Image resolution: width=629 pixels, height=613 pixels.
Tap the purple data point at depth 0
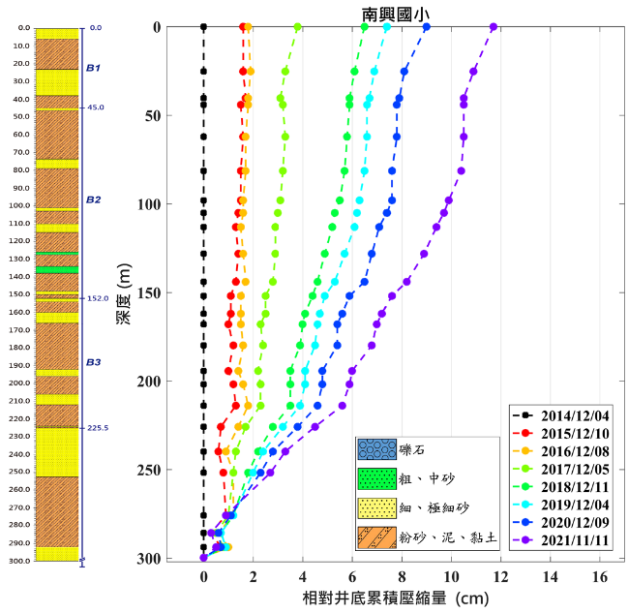click(494, 27)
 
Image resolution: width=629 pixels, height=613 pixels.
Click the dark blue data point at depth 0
click(427, 27)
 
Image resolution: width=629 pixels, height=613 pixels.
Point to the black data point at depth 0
click(203, 27)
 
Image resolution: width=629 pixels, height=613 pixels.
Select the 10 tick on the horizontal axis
click(451, 577)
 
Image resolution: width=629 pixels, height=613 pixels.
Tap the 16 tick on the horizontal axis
click(600, 577)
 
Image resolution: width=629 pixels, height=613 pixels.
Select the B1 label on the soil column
click(94, 68)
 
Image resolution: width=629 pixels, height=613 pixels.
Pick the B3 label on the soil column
click(94, 362)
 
